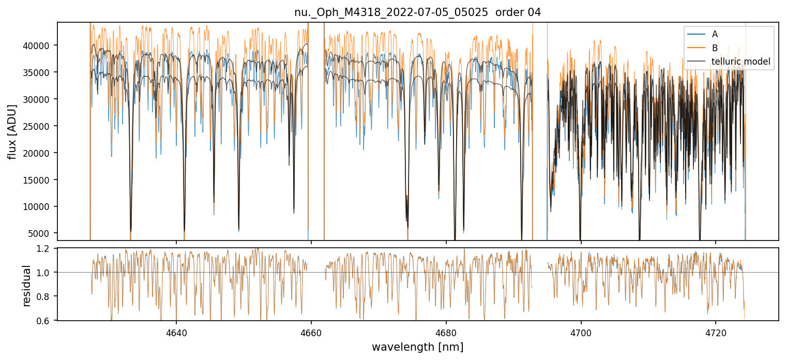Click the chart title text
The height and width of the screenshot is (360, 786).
coord(417,13)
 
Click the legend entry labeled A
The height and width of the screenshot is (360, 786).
coord(715,34)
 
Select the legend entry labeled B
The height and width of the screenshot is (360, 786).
coord(715,48)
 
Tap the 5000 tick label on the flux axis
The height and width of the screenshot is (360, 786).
coord(39,233)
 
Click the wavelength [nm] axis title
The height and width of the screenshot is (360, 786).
coord(417,347)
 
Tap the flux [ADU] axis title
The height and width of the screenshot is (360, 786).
coord(12,131)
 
